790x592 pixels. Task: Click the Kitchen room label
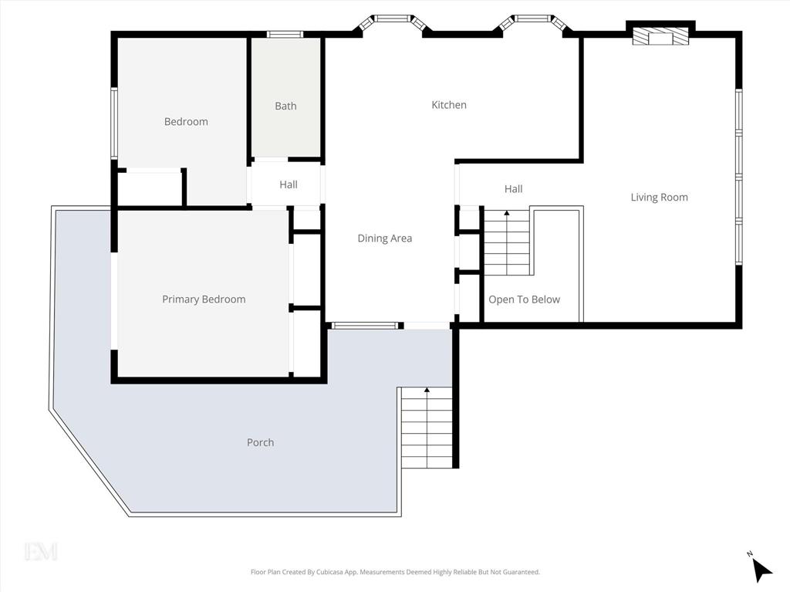[x=449, y=105]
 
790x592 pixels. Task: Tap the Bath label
[x=285, y=106]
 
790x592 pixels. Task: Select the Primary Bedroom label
[x=204, y=299]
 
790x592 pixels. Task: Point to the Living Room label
[x=659, y=197]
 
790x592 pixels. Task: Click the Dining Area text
[x=385, y=238]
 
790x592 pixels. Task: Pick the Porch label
[x=261, y=442]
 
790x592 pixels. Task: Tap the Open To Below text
[x=524, y=299]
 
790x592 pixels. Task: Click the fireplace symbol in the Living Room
[x=660, y=36]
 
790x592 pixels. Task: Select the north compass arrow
[x=762, y=570]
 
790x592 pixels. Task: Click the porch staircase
[x=427, y=428]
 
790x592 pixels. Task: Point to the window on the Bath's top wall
[x=285, y=34]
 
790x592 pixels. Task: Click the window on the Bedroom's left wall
[x=114, y=123]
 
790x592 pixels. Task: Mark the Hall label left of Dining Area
[x=289, y=184]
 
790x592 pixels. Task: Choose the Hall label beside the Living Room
[x=513, y=189]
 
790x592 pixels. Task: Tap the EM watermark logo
[x=42, y=551]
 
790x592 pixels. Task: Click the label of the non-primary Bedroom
[x=186, y=121]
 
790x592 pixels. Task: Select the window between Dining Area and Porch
[x=364, y=326]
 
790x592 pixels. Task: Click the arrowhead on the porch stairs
[x=427, y=390]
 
